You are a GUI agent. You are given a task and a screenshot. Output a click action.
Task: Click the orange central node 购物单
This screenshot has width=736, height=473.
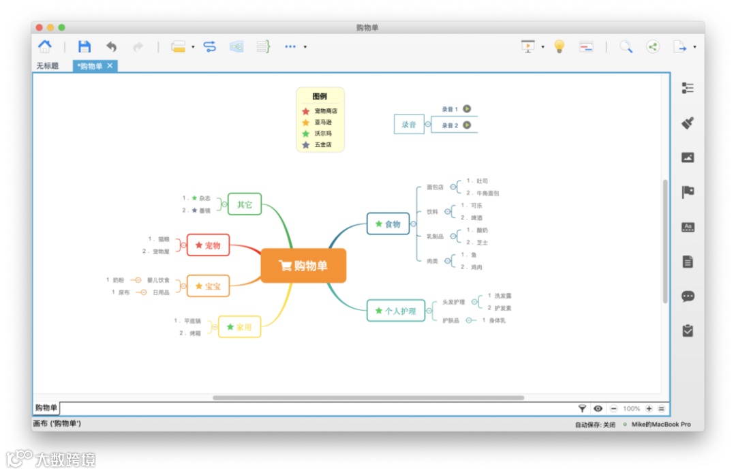coord(303,266)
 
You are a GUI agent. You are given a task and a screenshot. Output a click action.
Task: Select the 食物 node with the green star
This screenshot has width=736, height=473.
coord(388,224)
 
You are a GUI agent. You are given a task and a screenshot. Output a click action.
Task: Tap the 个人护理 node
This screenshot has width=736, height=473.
coord(395,311)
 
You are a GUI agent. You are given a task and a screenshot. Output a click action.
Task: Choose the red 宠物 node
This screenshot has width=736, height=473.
coord(208,245)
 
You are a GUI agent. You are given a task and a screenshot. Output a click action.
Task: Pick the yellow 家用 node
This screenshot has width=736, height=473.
coord(239,327)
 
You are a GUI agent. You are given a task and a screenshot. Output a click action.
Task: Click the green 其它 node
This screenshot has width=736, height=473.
coord(244,204)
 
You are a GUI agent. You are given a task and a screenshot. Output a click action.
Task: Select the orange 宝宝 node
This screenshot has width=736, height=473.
coord(208,286)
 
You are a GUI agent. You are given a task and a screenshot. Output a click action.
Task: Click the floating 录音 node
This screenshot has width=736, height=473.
coord(409,125)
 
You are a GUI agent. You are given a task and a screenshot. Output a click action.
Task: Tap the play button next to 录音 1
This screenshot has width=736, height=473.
coord(467,108)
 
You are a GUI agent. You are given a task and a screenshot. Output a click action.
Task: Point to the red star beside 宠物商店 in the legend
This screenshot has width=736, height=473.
coord(306,111)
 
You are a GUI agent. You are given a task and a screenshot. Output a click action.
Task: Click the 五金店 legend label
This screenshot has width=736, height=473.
coord(323,145)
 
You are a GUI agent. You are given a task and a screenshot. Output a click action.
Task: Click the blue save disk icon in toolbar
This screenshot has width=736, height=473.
coord(84,46)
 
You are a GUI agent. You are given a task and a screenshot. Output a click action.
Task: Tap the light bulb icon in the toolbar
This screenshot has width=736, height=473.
coord(559,46)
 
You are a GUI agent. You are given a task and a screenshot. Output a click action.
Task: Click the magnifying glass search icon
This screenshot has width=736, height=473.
coord(626,46)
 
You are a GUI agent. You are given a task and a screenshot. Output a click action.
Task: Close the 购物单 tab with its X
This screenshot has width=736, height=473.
coord(110,65)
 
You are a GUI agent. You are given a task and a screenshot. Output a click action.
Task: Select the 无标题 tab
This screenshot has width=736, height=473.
coord(48,66)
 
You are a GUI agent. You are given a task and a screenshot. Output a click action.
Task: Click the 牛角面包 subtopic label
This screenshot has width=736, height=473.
coord(488,194)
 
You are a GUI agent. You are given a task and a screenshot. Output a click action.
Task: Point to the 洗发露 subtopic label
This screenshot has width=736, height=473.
coord(503,296)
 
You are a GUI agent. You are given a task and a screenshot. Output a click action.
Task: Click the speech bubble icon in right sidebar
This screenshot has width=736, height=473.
coord(688,296)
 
